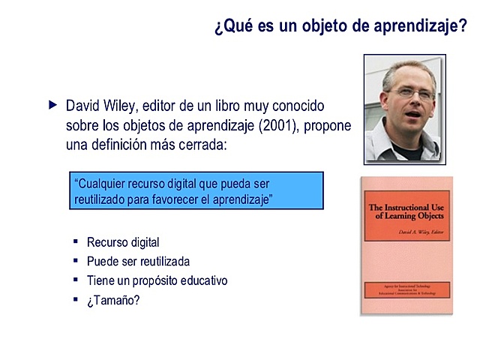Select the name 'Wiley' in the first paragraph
121,106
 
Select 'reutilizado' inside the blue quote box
103,199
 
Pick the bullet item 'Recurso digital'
123,242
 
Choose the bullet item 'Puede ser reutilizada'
138,262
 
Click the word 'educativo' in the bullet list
201,280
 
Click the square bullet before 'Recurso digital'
76,241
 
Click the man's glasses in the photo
411,94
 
